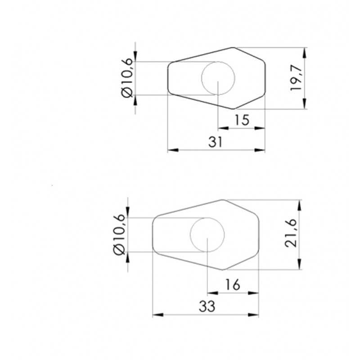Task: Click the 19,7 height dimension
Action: click(x=296, y=78)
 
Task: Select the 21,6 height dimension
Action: click(x=291, y=233)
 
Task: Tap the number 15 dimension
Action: click(x=242, y=120)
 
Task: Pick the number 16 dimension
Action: click(x=233, y=285)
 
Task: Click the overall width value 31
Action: click(x=216, y=142)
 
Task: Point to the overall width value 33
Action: click(x=207, y=306)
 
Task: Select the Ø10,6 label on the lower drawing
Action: click(x=119, y=234)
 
